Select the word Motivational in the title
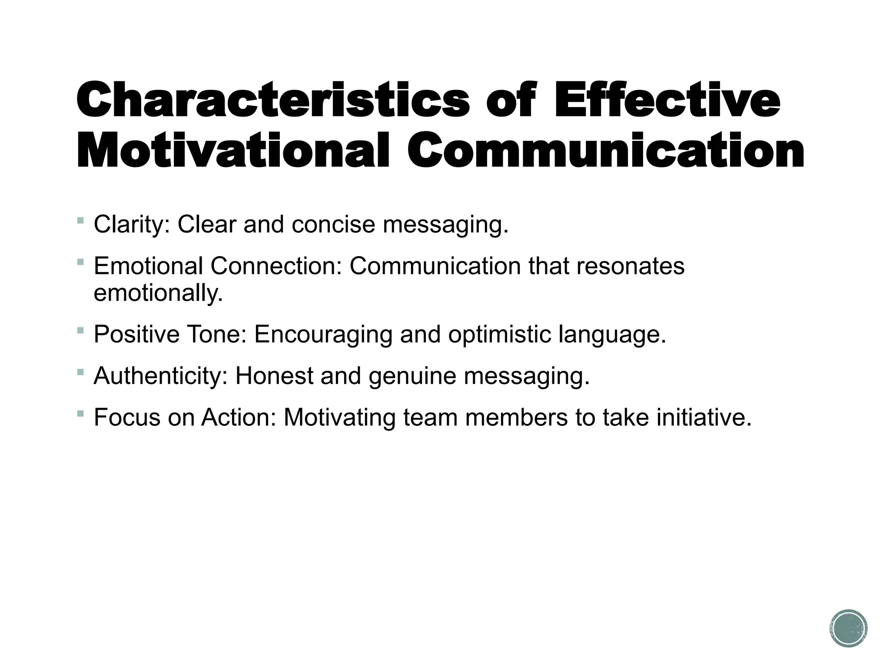pos(232,150)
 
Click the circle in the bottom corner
pos(848,628)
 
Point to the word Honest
pos(274,376)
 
